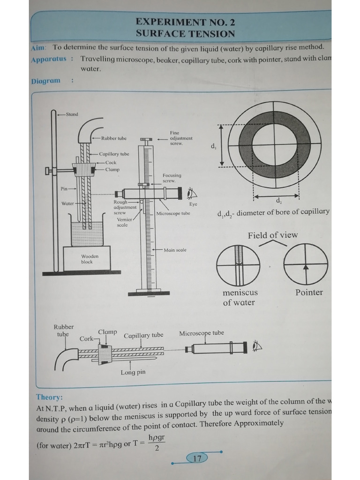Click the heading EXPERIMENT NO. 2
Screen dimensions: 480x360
click(x=185, y=22)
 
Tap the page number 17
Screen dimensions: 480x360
click(x=197, y=458)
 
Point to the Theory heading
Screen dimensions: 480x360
click(x=49, y=397)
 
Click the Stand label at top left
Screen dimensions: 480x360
click(x=72, y=114)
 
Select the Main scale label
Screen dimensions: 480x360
click(x=175, y=250)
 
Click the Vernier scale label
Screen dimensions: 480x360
click(x=124, y=222)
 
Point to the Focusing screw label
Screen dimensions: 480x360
click(x=172, y=178)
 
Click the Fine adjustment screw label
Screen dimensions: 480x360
click(x=181, y=138)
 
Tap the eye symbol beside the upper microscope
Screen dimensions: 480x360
click(x=191, y=193)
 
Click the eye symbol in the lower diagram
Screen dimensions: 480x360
click(x=256, y=347)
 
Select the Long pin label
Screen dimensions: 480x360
click(x=133, y=372)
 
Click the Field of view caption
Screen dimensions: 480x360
click(x=272, y=235)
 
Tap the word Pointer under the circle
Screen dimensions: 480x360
click(x=309, y=292)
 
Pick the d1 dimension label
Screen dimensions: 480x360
click(x=214, y=147)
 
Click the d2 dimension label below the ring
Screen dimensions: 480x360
click(x=278, y=202)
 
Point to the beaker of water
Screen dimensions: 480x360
click(x=87, y=233)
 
